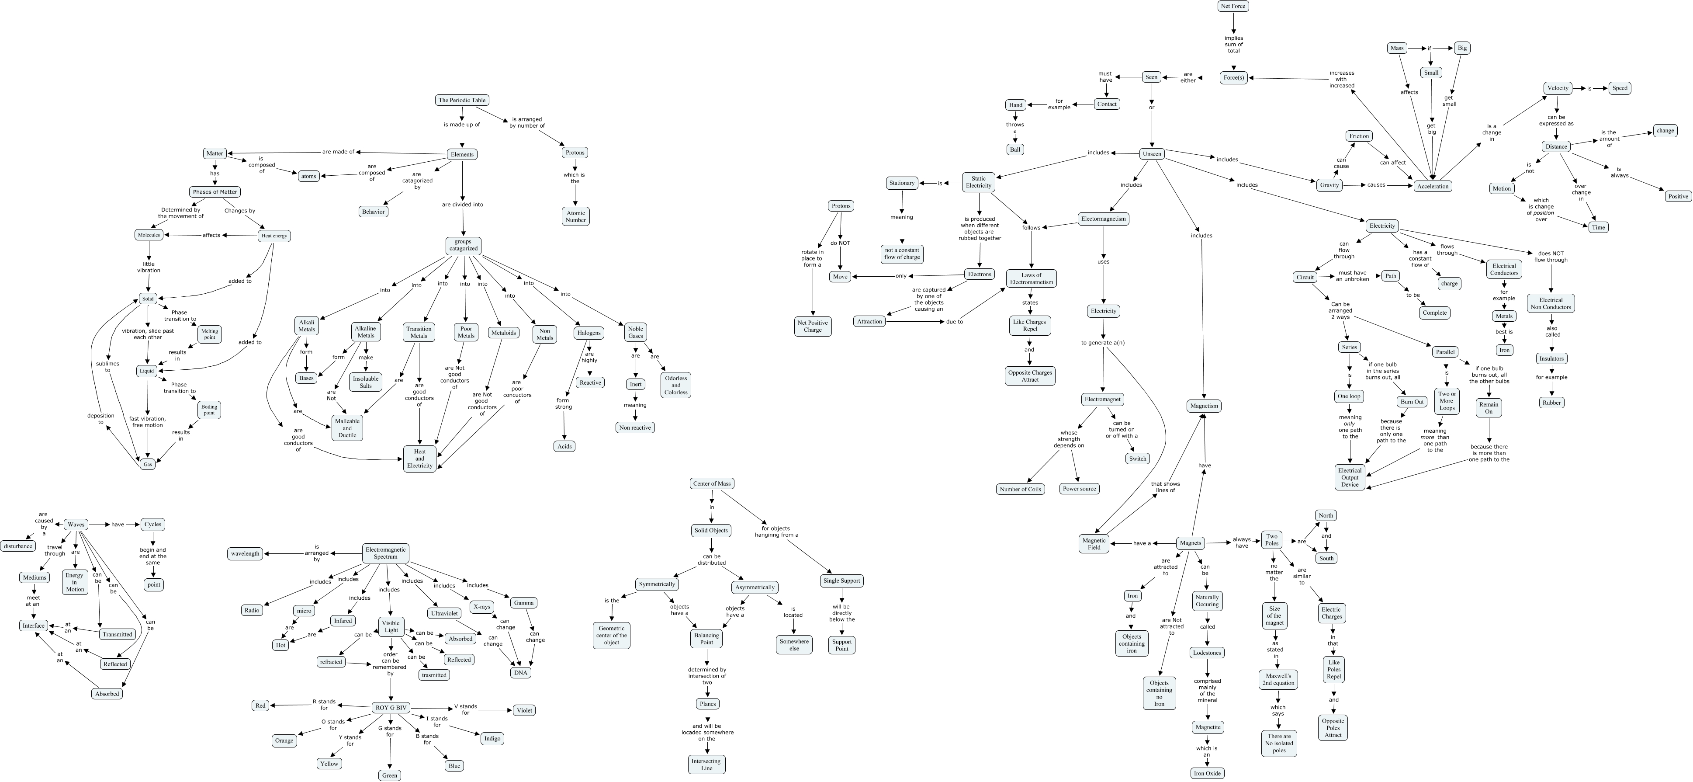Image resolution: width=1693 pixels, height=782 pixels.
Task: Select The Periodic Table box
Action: [462, 100]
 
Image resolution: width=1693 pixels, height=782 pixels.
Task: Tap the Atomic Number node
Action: [576, 216]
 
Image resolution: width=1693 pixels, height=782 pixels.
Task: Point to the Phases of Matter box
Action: [215, 192]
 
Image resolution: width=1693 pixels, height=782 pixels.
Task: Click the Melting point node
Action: [210, 334]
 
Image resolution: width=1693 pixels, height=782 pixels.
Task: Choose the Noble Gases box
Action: [636, 332]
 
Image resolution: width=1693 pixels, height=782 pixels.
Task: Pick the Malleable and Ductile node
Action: [347, 427]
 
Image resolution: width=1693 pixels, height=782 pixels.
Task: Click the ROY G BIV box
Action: [391, 708]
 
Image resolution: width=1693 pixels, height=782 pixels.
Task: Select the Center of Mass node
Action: [712, 483]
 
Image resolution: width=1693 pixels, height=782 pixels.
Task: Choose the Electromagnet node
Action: [1103, 399]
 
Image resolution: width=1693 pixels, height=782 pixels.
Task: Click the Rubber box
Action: [1552, 403]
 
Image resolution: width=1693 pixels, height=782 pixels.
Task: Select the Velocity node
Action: [1558, 88]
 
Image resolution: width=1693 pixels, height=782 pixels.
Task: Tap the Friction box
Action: [1359, 136]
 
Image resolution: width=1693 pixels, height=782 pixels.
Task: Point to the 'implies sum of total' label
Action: [1234, 44]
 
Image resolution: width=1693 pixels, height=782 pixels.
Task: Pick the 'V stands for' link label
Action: [465, 709]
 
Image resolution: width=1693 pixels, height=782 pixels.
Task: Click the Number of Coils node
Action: [1020, 489]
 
